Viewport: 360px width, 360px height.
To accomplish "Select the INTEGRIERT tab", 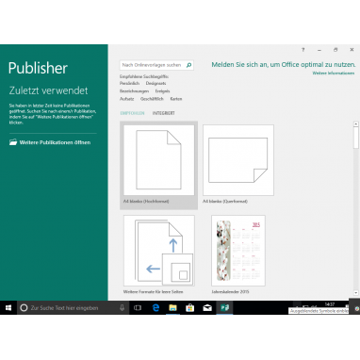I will [164, 112].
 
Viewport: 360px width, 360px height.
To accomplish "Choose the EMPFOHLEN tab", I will [133, 112].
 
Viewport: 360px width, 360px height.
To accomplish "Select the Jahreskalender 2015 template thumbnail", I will [237, 249].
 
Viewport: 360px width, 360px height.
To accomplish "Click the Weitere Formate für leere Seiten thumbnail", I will [158, 249].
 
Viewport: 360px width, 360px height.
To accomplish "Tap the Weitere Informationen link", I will [333, 72].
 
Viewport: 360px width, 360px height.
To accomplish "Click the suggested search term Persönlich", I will [130, 83].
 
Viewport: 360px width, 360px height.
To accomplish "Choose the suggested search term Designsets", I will [155, 83].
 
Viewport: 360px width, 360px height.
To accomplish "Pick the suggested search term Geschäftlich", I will [152, 98].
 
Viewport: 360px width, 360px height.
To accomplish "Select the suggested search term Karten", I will [176, 98].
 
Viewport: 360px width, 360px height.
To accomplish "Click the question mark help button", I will [303, 48].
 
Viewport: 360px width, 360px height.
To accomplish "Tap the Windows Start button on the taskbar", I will [8, 307].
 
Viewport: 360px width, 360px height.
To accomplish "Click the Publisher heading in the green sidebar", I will [38, 68].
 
